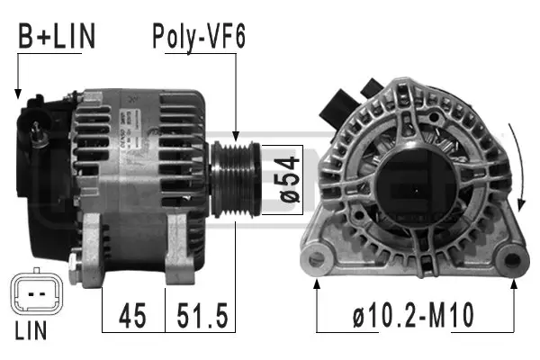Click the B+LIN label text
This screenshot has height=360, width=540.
point(56,38)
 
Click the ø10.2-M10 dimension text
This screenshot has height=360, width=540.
point(414,317)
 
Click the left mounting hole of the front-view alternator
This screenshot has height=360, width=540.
point(318,258)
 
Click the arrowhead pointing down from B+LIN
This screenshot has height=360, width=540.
point(17,92)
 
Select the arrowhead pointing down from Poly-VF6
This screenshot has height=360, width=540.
point(235,135)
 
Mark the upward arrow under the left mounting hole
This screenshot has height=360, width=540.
point(318,286)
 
